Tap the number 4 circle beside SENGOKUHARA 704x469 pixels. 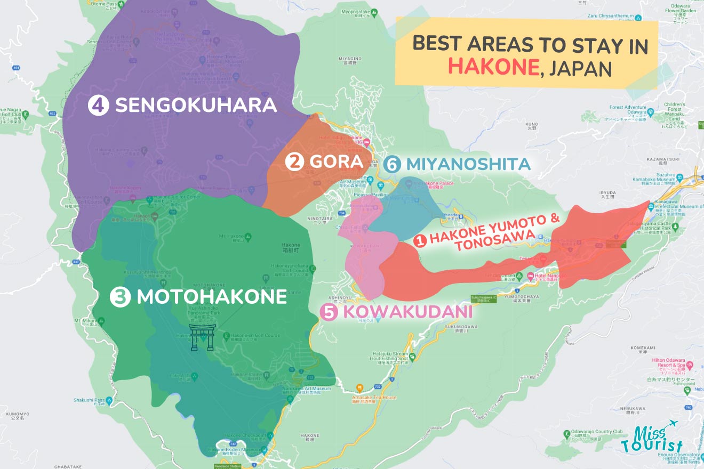coord(98,105)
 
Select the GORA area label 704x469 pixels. coord(336,161)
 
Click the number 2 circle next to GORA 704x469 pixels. coord(294,161)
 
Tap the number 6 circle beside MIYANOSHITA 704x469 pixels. coord(393,165)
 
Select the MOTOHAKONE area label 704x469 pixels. coord(212,297)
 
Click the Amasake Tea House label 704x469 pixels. coord(374,398)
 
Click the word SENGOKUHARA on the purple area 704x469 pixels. coord(196,105)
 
